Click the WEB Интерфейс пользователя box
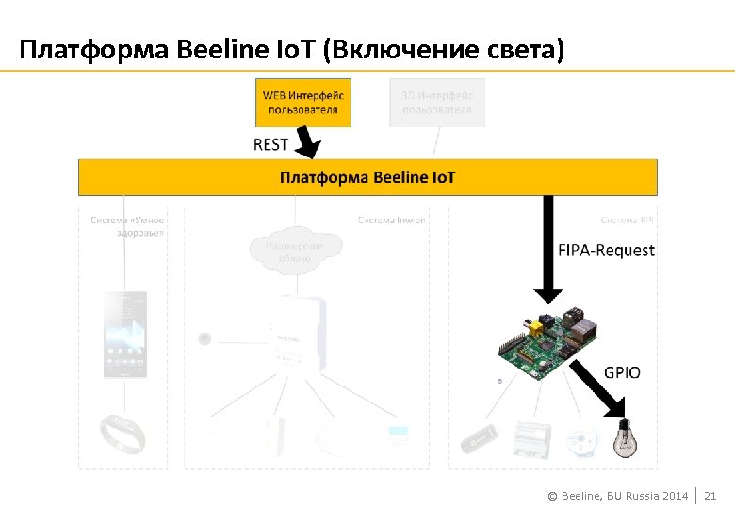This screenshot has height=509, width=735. [x=302, y=103]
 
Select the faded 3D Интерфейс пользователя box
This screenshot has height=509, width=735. [x=437, y=103]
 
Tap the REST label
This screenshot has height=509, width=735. [x=271, y=144]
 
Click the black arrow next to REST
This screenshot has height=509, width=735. [x=307, y=143]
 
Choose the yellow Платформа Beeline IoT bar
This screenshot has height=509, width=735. [x=367, y=177]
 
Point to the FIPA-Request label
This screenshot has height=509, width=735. [x=606, y=251]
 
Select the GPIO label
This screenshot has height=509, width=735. [x=622, y=372]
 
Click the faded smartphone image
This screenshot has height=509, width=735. [x=124, y=335]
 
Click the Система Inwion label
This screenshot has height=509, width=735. [x=391, y=221]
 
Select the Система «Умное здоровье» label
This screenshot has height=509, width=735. [x=127, y=226]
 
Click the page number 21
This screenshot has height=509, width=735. [x=711, y=496]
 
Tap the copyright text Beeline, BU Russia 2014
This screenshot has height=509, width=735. [x=618, y=496]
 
